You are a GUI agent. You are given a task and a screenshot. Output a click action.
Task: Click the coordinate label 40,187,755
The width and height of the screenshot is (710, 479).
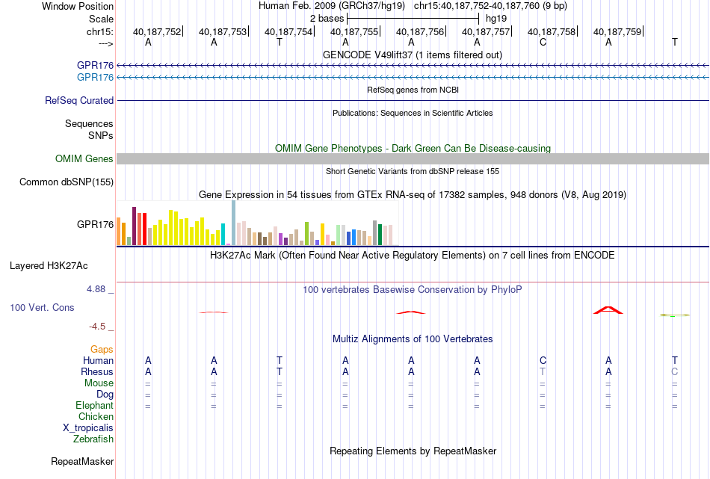[354, 31]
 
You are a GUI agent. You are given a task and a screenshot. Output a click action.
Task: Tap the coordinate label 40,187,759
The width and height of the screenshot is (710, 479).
[617, 31]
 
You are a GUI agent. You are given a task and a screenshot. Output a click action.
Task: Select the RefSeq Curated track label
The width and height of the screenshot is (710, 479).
[79, 101]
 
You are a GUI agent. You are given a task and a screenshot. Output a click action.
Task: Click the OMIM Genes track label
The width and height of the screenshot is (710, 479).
[84, 159]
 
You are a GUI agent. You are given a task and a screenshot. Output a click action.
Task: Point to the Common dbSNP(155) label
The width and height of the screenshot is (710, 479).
[67, 182]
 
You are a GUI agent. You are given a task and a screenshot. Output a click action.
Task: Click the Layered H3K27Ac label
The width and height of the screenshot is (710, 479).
[49, 266]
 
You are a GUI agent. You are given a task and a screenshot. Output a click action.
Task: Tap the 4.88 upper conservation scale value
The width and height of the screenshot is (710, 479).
[96, 289]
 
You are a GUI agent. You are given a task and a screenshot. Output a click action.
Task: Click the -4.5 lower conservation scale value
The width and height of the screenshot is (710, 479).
[97, 327]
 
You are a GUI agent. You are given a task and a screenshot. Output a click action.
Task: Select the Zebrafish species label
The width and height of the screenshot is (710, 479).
[93, 439]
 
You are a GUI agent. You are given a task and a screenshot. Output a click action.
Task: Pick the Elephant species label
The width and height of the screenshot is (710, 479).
[94, 406]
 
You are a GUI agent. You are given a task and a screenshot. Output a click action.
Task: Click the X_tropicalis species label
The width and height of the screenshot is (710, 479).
[88, 428]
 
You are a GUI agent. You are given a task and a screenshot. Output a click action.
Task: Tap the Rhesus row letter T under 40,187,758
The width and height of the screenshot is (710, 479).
[543, 371]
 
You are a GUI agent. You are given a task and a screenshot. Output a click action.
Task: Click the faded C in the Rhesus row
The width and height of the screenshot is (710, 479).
[674, 371]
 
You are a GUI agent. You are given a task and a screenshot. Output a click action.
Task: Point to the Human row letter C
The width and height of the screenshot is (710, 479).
[543, 360]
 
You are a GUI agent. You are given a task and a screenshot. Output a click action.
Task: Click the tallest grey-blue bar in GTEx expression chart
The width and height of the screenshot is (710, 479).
[234, 223]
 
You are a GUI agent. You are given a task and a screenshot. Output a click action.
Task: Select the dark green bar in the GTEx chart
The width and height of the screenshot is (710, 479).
[380, 235]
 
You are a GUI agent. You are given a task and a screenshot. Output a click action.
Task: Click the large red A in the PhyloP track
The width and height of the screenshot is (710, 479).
[608, 310]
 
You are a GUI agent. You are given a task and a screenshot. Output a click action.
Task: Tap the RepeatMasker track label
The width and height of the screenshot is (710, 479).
[82, 461]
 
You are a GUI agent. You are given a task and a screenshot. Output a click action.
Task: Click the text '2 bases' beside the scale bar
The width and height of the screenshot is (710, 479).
[327, 19]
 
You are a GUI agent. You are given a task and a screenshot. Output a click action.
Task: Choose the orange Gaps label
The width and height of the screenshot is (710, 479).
[102, 350]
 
